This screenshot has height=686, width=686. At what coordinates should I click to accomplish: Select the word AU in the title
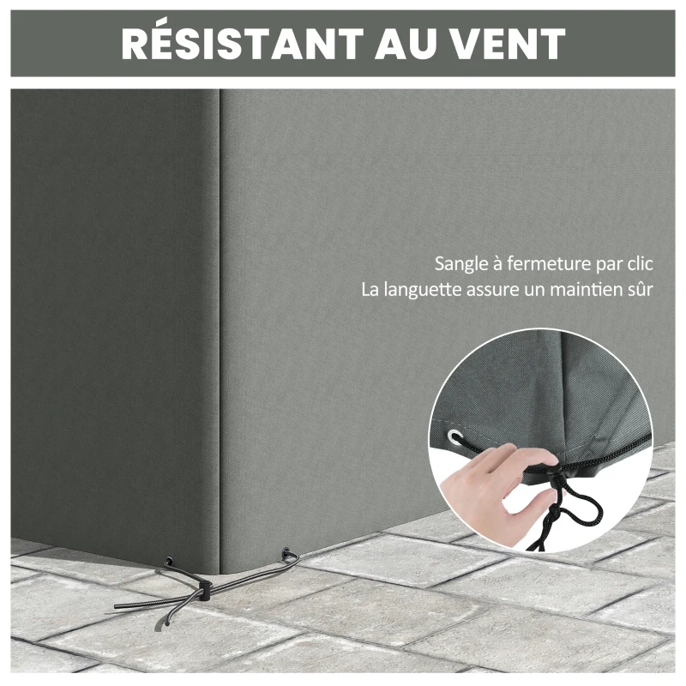400,44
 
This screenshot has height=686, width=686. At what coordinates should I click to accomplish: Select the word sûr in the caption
640,290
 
